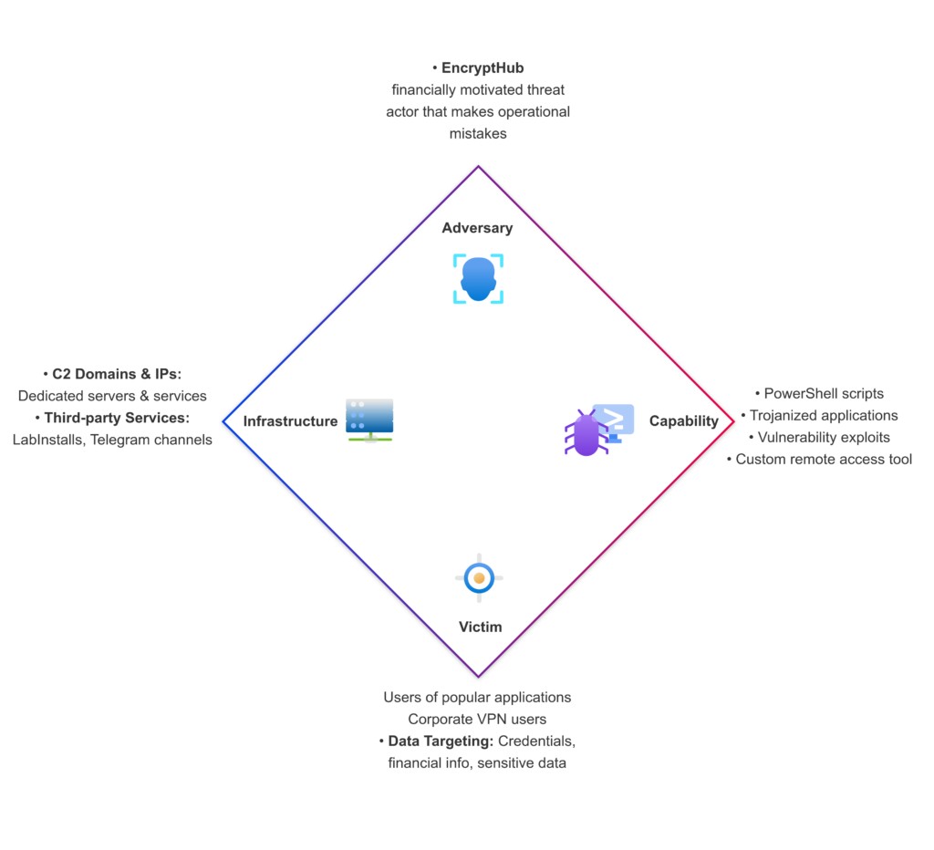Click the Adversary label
477,228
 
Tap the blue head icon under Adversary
478,279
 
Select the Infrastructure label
290,421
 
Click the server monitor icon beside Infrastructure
369,420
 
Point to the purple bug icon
586,433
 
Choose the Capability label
683,420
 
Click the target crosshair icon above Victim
479,577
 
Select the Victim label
480,627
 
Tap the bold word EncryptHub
483,67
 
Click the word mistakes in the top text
478,133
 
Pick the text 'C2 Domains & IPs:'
118,374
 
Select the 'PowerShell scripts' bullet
824,393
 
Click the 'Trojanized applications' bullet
824,415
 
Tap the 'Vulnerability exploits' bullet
824,437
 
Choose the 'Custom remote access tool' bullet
824,459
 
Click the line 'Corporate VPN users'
477,719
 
